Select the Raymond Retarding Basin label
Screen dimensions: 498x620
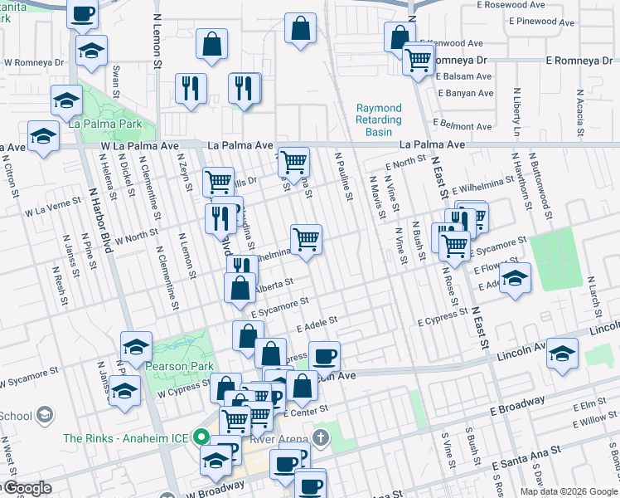click(x=379, y=120)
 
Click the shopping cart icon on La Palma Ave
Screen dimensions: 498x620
click(x=293, y=161)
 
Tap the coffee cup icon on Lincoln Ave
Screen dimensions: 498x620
click(x=324, y=356)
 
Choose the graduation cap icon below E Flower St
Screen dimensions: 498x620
click(x=515, y=278)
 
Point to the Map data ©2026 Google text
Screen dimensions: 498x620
click(x=568, y=491)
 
